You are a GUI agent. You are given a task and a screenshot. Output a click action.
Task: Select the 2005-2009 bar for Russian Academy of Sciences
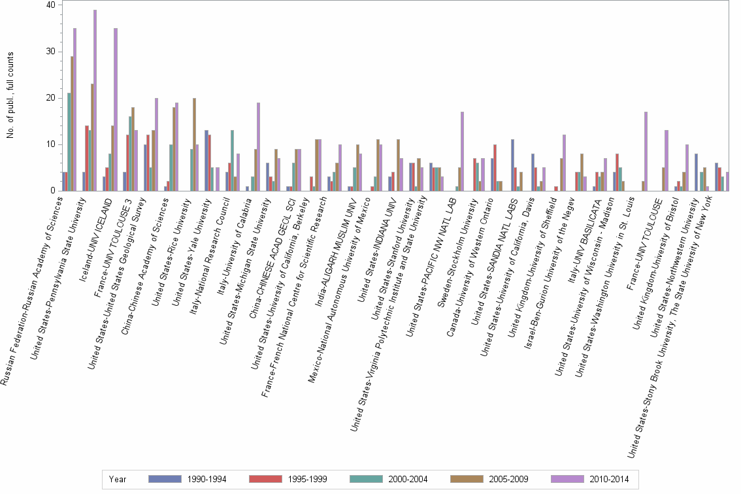click(72, 124)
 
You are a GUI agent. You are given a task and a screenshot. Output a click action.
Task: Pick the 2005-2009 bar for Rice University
click(194, 144)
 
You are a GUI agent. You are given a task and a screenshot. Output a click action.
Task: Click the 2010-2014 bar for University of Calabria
click(259, 147)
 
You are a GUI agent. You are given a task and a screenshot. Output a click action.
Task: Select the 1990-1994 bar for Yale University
click(206, 161)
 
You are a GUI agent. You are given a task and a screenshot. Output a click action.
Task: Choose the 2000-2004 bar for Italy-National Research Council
click(231, 161)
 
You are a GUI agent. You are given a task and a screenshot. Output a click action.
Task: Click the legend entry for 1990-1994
click(187, 479)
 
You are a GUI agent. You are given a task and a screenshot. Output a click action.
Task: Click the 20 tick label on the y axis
click(50, 98)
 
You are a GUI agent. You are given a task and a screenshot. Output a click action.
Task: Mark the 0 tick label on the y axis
click(53, 191)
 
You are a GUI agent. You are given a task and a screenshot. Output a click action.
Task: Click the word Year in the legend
click(118, 479)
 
